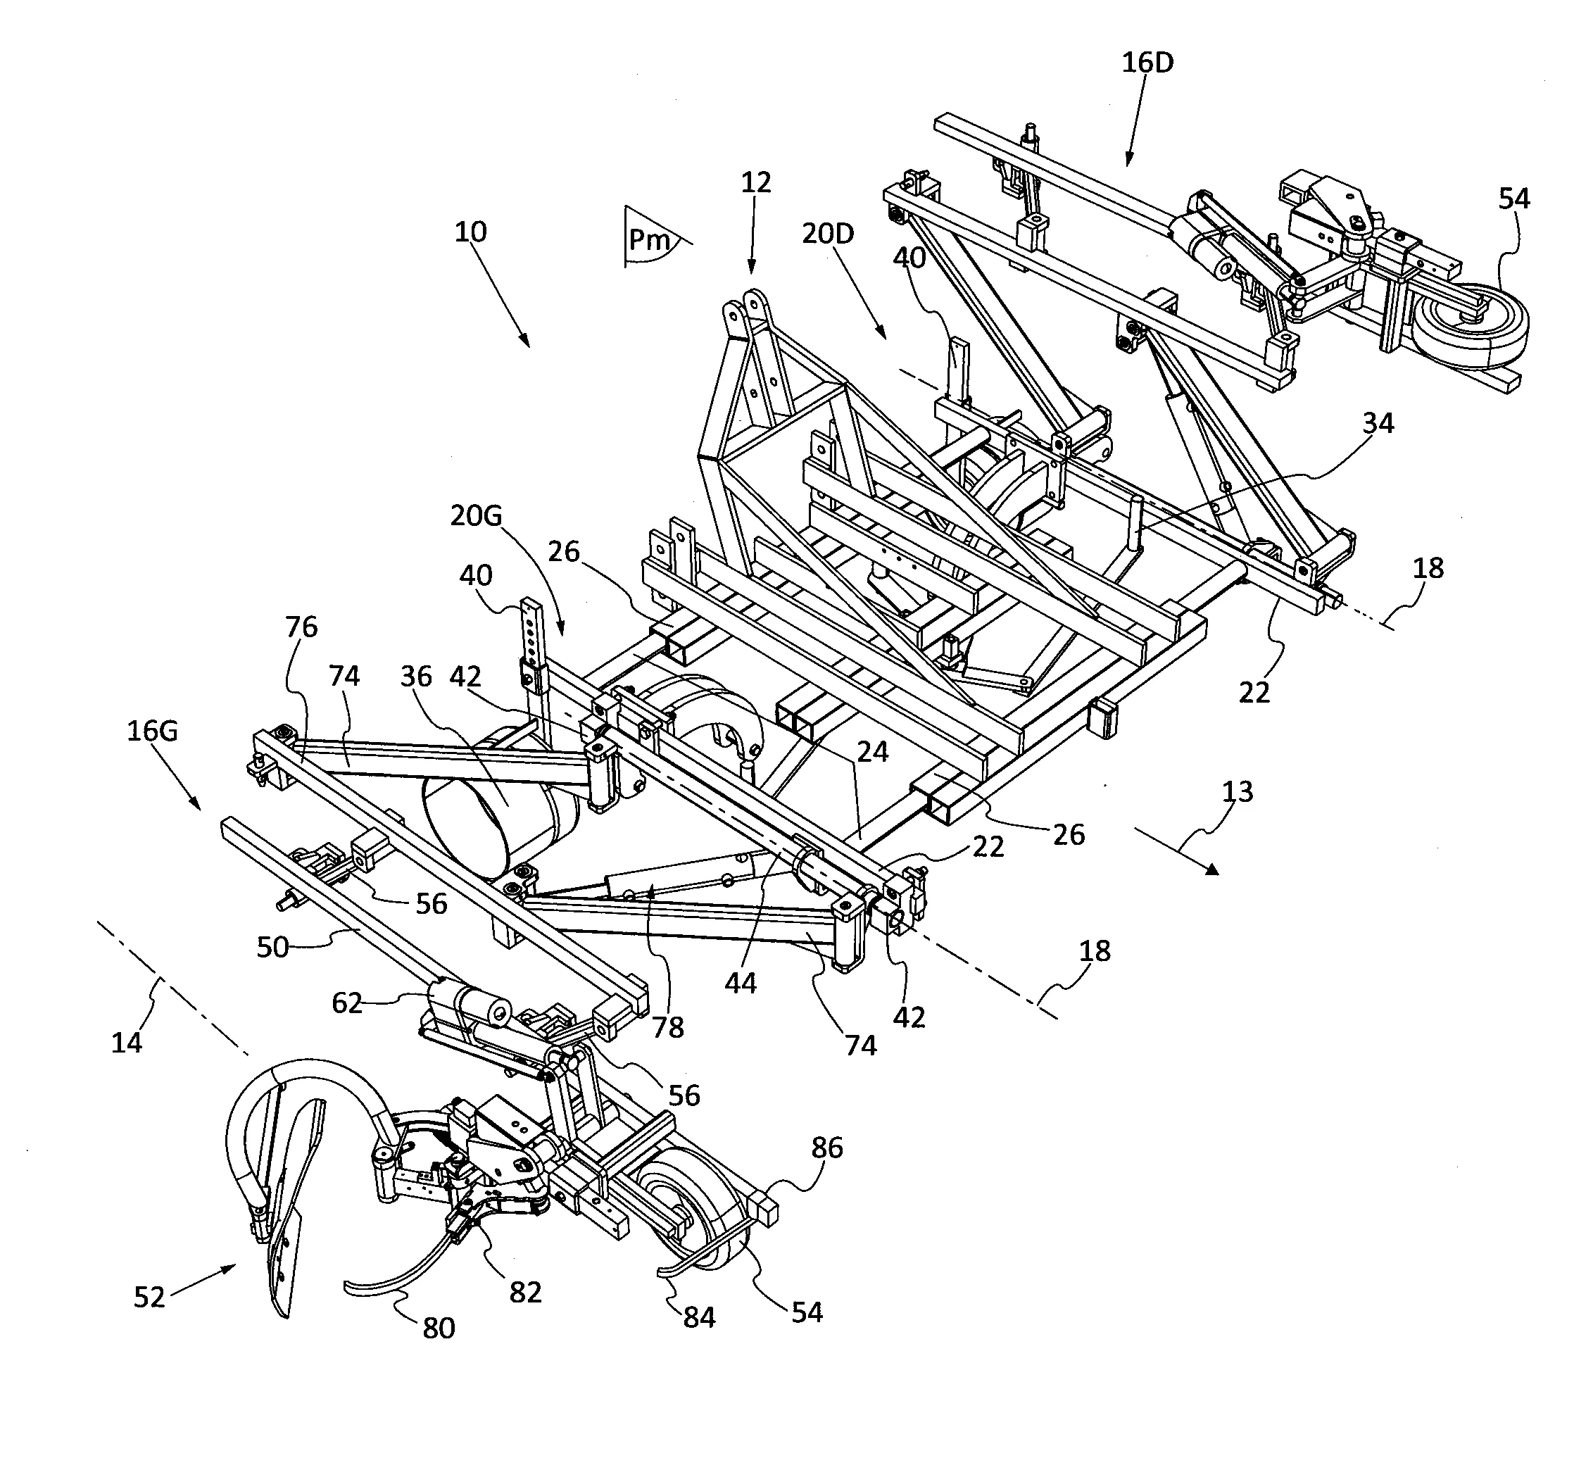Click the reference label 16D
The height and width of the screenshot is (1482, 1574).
coord(1147,63)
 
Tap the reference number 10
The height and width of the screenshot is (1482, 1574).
coord(470,232)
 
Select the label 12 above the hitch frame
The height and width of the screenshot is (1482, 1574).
coord(755,182)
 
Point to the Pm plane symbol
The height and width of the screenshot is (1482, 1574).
coord(649,239)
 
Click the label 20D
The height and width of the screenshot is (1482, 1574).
coord(827,234)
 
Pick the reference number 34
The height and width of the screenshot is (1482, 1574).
coord(1378,424)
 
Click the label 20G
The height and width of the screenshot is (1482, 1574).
coord(477,516)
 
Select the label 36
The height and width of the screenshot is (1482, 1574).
coord(415,676)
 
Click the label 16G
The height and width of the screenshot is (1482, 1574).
coord(152,731)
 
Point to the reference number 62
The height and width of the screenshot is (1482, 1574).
coord(347,1004)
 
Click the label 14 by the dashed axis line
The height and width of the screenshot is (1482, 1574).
coord(127,1043)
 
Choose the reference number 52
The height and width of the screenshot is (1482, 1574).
coord(149,1298)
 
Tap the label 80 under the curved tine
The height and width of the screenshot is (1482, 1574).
coord(439,1328)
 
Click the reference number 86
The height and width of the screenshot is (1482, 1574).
coord(827,1147)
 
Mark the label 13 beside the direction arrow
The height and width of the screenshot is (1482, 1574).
coord(1238,791)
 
